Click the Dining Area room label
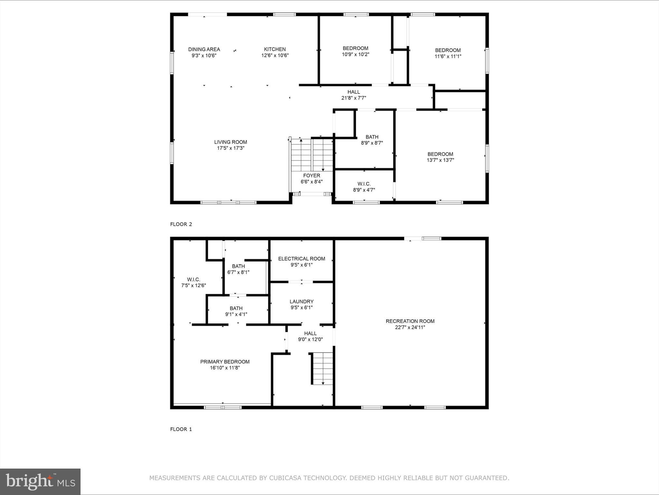204,49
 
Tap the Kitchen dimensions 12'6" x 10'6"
275,55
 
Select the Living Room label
231,142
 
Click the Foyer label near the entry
311,176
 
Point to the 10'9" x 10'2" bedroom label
355,52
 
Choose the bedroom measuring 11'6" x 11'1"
448,53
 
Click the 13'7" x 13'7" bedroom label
440,157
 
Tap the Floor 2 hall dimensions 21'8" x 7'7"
354,98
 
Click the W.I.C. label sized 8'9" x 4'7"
364,184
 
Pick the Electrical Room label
301,259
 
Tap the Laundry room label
301,302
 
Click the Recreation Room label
410,321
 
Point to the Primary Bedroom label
225,362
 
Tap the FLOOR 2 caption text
181,224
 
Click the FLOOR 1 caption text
181,429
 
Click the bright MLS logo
40,481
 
